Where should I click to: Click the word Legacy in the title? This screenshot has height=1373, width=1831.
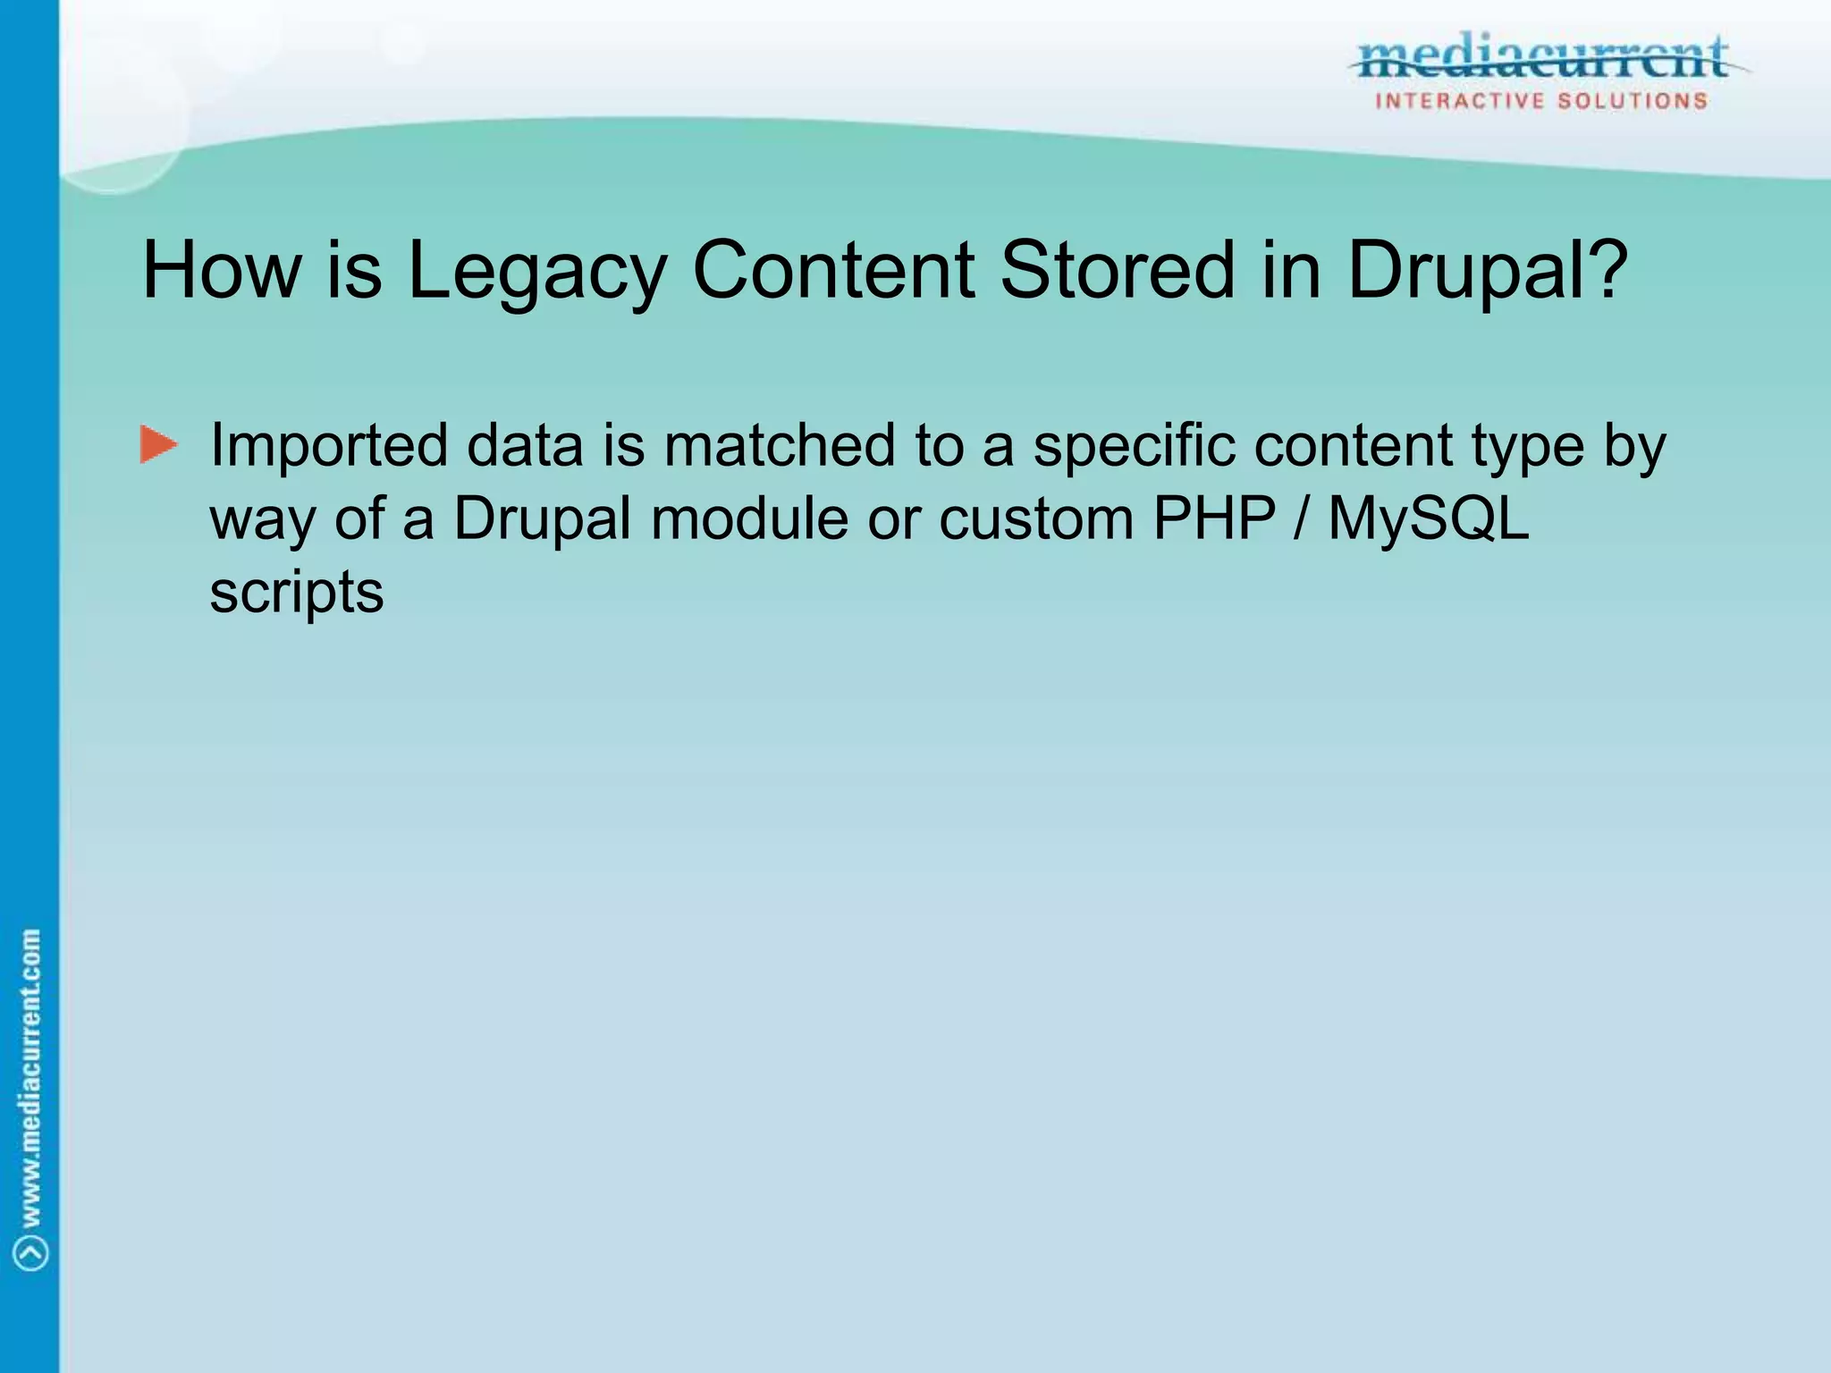pyautogui.click(x=536, y=272)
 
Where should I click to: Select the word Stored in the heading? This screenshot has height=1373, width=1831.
pyautogui.click(x=1116, y=270)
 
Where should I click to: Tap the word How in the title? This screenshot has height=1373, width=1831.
pyautogui.click(x=221, y=270)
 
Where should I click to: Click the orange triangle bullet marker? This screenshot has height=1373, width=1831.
pyautogui.click(x=158, y=445)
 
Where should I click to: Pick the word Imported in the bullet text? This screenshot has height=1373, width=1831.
pyautogui.click(x=328, y=447)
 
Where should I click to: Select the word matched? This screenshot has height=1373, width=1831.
pyautogui.click(x=779, y=445)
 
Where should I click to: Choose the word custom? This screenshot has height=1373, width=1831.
pyautogui.click(x=1036, y=518)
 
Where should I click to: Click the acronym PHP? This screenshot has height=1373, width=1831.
pyautogui.click(x=1214, y=518)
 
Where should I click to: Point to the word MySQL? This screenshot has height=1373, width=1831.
pyautogui.click(x=1429, y=518)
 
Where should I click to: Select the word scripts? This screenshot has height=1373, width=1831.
pyautogui.click(x=297, y=594)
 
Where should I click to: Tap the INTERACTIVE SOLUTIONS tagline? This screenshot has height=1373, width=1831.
pyautogui.click(x=1541, y=101)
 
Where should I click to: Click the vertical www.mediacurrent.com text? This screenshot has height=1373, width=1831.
pyautogui.click(x=31, y=1077)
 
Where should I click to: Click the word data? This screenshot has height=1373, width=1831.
pyautogui.click(x=525, y=445)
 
